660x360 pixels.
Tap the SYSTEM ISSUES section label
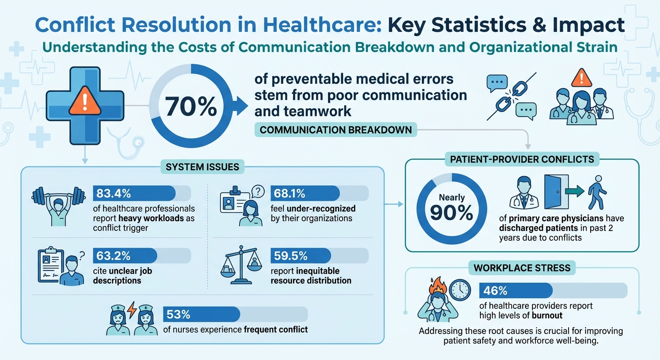tap(202, 167)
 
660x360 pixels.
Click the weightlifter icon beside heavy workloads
tap(58, 202)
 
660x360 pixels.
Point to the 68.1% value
tap(288, 193)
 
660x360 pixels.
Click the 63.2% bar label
tap(113, 256)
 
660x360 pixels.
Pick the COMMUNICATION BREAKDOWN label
tap(336, 130)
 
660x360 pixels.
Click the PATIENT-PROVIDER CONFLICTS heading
tap(522, 159)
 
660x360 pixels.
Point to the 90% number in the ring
tap(451, 213)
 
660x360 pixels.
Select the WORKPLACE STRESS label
tap(522, 268)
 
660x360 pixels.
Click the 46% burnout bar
tap(553, 291)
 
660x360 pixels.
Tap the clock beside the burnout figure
tap(459, 290)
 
